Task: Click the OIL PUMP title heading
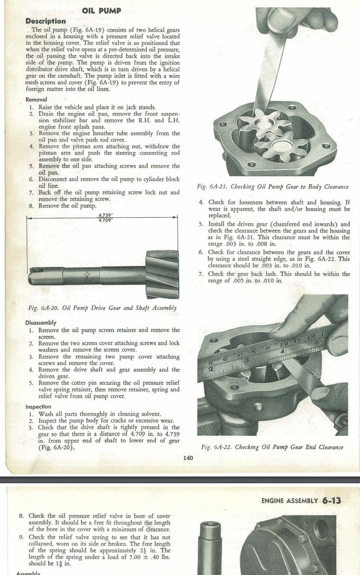pos(101,11)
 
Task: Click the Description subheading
pos(45,21)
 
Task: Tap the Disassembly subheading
pos(41,323)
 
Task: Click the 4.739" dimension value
pos(105,214)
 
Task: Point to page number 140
pos(189,458)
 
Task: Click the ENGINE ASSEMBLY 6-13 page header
pos(301,501)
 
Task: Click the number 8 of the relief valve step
pos(21,516)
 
